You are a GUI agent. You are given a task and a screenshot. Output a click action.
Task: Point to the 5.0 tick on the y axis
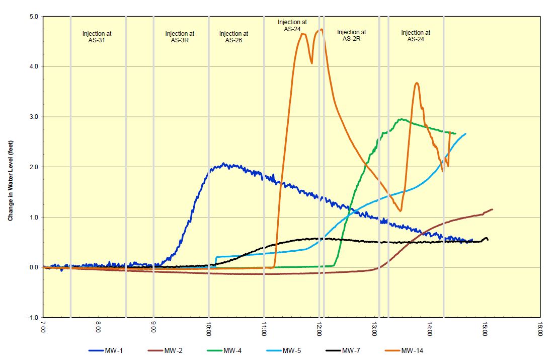34,17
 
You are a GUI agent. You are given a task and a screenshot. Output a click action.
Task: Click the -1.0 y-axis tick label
33,318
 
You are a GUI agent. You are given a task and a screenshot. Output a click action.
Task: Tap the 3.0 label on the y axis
34,117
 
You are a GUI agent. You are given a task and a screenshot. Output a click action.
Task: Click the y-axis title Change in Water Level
11,167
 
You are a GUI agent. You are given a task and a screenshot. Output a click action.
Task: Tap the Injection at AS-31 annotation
97,37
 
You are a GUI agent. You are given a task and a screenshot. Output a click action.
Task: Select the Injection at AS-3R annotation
180,37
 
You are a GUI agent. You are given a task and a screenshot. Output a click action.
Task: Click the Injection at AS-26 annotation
233,37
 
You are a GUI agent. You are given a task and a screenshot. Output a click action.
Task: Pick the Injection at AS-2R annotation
352,35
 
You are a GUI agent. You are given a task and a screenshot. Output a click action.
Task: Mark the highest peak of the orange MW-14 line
321,29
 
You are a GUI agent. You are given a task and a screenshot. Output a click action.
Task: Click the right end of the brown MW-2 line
492,209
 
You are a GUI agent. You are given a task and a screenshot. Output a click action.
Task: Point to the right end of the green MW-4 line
455,133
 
